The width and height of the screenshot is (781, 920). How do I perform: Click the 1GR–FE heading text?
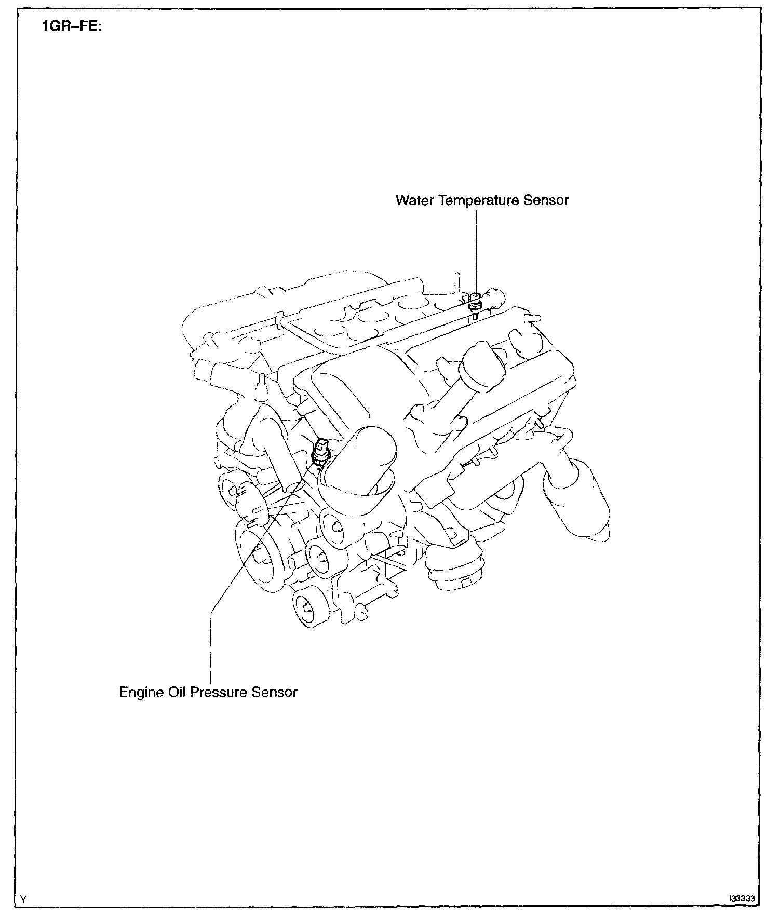(x=72, y=26)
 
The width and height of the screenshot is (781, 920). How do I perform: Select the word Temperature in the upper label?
(x=479, y=200)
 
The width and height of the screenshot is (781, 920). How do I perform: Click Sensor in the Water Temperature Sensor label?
(x=546, y=200)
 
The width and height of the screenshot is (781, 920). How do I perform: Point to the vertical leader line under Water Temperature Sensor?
(x=476, y=249)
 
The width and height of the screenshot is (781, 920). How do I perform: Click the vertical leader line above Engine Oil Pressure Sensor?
(x=211, y=644)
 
